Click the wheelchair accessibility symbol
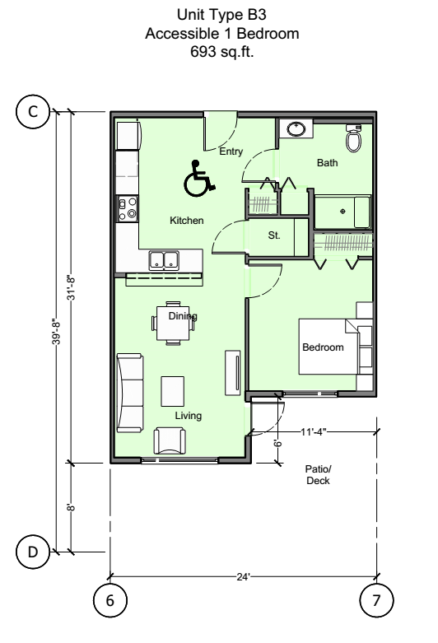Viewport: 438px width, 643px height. (x=198, y=178)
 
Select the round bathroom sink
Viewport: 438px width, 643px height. (x=295, y=129)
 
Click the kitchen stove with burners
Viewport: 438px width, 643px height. (x=127, y=209)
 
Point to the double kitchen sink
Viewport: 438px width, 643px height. (x=165, y=261)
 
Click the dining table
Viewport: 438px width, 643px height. (x=175, y=322)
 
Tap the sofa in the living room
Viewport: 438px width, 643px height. (x=129, y=393)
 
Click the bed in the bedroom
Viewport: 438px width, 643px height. (x=333, y=347)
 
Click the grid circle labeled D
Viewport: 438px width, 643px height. (x=34, y=552)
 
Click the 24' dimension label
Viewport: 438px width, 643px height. (x=243, y=576)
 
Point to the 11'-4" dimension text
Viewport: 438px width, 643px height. (x=315, y=430)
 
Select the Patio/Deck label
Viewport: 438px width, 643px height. (x=317, y=473)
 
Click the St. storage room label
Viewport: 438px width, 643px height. (x=274, y=235)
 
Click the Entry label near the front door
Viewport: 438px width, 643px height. (x=231, y=151)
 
